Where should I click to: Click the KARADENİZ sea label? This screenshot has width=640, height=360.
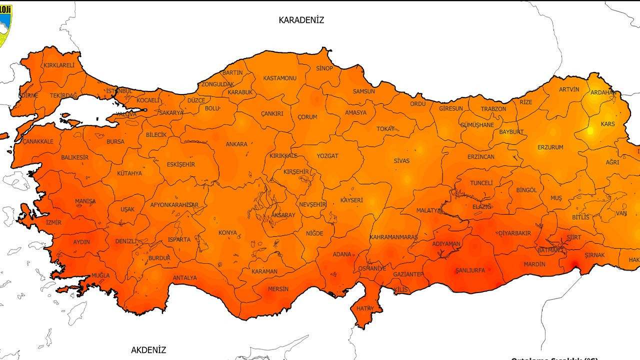click(301, 20)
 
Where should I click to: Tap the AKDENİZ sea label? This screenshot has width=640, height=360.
click(148, 350)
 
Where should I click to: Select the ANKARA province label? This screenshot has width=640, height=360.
click(236, 144)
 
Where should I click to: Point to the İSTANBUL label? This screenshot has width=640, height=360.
click(119, 91)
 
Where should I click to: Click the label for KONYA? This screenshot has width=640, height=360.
click(227, 232)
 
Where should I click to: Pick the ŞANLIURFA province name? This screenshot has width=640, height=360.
click(470, 270)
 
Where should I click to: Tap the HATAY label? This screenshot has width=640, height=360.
click(365, 308)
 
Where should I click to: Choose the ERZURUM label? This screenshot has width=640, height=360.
click(550, 147)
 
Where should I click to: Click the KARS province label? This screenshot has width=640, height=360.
click(607, 124)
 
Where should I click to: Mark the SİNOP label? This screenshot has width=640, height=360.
click(324, 68)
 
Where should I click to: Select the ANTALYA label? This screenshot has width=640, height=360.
click(184, 277)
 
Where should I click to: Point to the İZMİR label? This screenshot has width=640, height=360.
click(53, 222)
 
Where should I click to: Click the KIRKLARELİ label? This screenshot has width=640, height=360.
click(59, 65)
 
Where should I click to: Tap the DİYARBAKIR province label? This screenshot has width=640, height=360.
click(514, 233)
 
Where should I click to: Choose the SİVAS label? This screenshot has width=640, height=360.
click(401, 161)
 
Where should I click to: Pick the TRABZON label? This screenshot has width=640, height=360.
click(493, 109)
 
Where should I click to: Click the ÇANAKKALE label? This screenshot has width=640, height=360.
click(38, 141)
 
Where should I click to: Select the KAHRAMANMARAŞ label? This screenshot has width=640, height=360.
click(393, 237)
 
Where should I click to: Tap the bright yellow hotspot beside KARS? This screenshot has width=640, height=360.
click(590, 131)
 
